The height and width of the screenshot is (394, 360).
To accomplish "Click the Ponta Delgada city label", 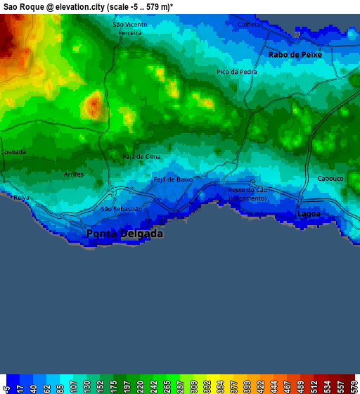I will pyautogui.click(x=124, y=234).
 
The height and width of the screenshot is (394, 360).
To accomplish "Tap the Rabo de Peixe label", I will pyautogui.click(x=295, y=54).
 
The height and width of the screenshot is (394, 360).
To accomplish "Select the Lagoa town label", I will pyautogui.click(x=309, y=213).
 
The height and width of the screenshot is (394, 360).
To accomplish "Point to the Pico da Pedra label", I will pyautogui.click(x=237, y=72).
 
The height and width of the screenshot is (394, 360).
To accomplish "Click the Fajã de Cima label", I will pyautogui.click(x=141, y=156).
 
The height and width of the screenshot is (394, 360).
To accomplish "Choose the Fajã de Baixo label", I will pyautogui.click(x=173, y=179).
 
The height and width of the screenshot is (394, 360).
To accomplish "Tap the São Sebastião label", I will pyautogui.click(x=122, y=209).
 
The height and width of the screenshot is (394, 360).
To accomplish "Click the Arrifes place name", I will pyautogui.click(x=73, y=174).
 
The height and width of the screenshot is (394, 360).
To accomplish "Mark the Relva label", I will pyautogui.click(x=21, y=198).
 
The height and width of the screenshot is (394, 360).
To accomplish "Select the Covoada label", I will pyautogui.click(x=13, y=152).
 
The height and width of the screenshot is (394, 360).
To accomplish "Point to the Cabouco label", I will pyautogui.click(x=330, y=179).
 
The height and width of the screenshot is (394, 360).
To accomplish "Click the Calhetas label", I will pyautogui.click(x=250, y=24).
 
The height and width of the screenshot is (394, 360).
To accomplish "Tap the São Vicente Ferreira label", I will pyautogui.click(x=130, y=29).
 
